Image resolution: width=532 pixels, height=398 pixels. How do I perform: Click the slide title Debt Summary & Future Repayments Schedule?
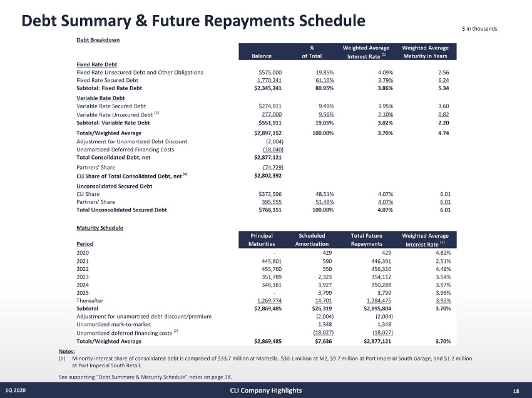point(193,21)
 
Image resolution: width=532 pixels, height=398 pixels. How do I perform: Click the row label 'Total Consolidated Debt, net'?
point(110,158)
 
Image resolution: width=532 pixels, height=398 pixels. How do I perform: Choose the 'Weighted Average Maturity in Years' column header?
point(429,53)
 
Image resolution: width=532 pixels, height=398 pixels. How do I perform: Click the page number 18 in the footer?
point(516,391)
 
